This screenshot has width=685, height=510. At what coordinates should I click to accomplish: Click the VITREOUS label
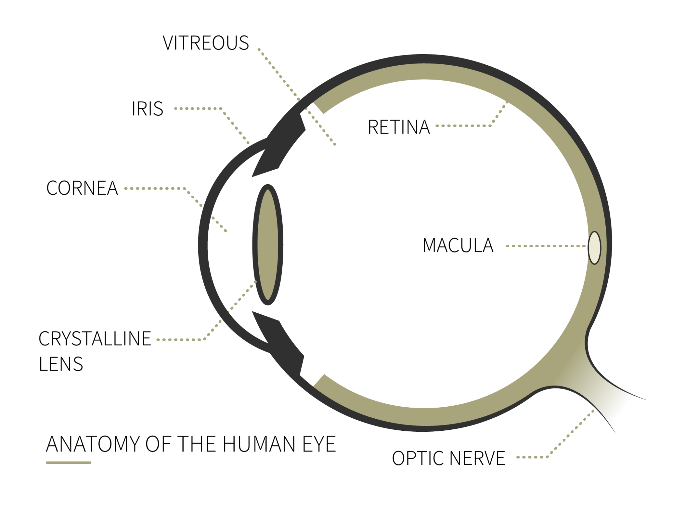coord(206,43)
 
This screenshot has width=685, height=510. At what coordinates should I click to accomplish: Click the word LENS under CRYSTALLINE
coord(61,364)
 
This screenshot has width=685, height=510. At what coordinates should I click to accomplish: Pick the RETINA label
coord(399,127)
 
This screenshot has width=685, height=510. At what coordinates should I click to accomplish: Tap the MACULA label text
coord(458,245)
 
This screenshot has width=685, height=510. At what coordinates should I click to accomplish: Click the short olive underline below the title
coord(69,463)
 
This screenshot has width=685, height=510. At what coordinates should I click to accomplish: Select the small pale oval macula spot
coord(594,248)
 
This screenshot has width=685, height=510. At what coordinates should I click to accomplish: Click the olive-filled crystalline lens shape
coord(268,245)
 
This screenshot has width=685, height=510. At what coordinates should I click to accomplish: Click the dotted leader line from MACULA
coord(546,246)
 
